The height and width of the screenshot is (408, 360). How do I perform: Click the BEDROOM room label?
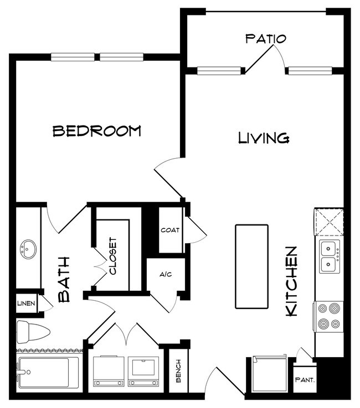click(x=97, y=131)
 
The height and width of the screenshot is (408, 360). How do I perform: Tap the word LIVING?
click(x=264, y=138)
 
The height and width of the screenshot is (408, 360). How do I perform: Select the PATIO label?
click(x=266, y=39)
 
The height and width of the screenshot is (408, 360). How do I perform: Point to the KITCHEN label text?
click(x=292, y=281)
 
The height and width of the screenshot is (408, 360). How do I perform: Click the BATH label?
click(x=64, y=280)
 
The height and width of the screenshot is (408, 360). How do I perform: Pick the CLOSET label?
click(x=113, y=256)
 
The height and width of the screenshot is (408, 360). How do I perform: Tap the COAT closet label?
click(x=170, y=230)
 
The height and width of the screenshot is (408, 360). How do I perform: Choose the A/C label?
click(x=166, y=274)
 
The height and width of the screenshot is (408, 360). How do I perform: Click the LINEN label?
click(x=26, y=304)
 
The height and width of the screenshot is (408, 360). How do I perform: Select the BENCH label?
click(x=178, y=371)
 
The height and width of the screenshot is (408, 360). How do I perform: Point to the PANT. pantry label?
click(x=305, y=380)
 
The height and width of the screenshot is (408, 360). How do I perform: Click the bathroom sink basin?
click(x=28, y=249)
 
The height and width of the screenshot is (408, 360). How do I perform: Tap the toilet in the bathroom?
click(x=33, y=332)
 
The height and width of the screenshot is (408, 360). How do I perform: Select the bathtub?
click(x=48, y=372)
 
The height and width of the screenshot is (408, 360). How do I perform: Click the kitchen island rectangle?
click(x=251, y=266)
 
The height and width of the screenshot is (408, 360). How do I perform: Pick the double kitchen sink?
click(x=330, y=257)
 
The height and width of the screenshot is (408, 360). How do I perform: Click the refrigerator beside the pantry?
click(x=270, y=374)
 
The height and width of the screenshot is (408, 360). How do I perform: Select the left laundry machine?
click(x=109, y=372)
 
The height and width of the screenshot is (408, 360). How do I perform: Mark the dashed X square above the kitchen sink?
click(x=329, y=222)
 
